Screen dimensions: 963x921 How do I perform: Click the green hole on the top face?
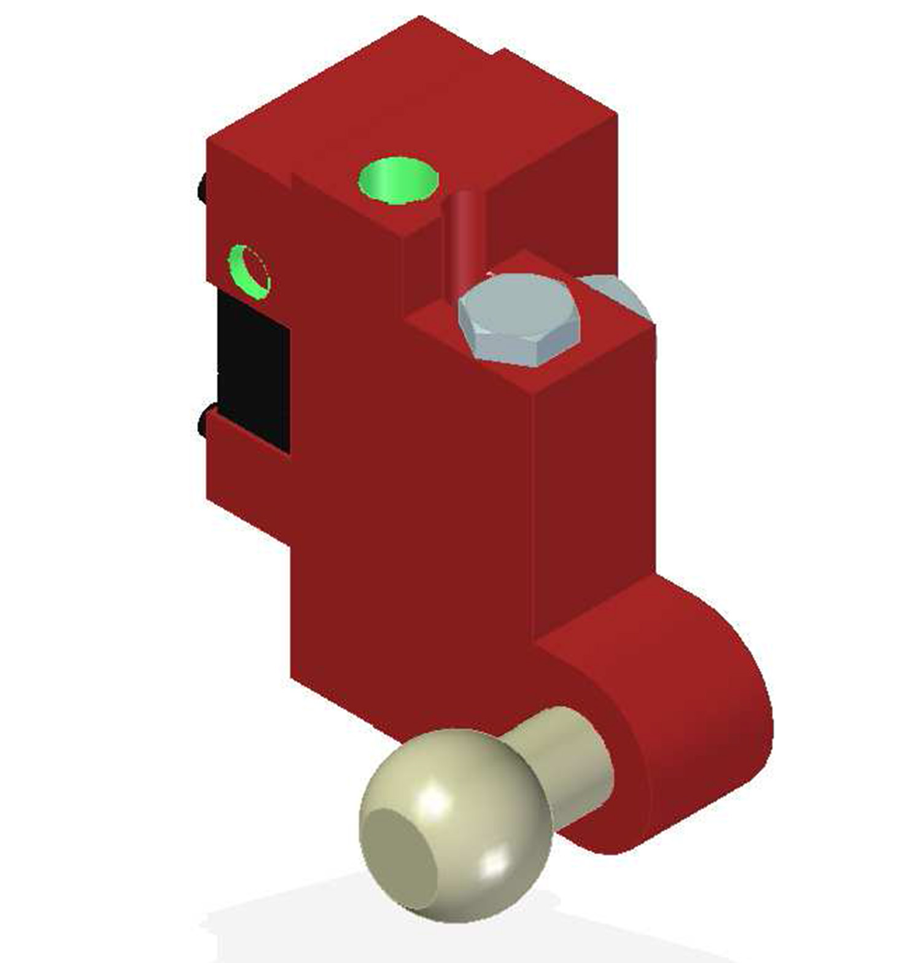click(398, 179)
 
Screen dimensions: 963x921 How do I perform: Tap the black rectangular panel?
click(254, 368)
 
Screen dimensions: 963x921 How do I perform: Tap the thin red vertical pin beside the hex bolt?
click(465, 240)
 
